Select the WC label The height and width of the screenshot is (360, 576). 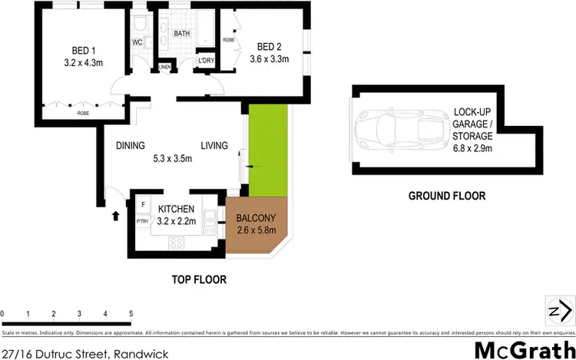click(x=139, y=42)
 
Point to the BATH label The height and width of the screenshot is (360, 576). click(x=182, y=34)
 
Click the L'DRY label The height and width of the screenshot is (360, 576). click(x=205, y=61)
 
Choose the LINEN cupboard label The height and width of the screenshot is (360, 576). click(x=164, y=68)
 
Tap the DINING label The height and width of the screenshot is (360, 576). click(x=130, y=145)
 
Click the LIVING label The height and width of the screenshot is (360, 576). click(x=215, y=145)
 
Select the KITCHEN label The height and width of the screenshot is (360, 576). click(x=177, y=209)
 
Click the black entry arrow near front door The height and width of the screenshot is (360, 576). click(x=116, y=216)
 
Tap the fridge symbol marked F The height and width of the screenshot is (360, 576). click(x=143, y=205)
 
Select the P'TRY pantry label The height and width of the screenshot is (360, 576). click(x=142, y=221)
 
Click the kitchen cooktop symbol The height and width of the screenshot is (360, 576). click(x=176, y=243)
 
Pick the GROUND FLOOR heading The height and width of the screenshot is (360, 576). click(x=446, y=196)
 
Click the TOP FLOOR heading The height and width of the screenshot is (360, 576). click(x=198, y=279)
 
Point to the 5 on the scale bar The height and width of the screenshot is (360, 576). click(x=131, y=314)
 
